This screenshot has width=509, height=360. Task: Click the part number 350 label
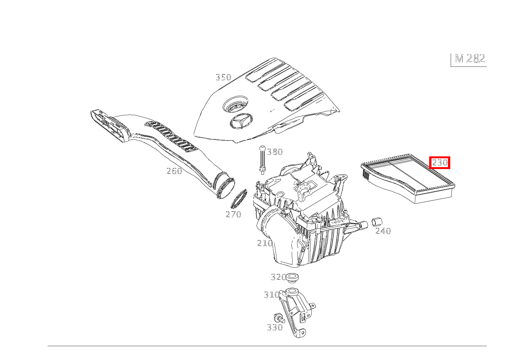[223, 77]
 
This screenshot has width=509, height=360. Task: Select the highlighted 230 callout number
[440, 163]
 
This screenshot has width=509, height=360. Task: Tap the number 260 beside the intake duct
[174, 171]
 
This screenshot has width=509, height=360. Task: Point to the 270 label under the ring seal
[233, 214]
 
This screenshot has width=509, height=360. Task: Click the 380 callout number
[275, 152]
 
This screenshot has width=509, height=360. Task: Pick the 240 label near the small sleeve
[383, 231]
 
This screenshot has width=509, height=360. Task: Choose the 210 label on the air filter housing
[265, 243]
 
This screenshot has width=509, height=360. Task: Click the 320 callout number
[278, 277]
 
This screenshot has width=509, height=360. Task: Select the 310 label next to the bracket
[271, 295]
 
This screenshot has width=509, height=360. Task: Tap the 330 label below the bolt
[275, 327]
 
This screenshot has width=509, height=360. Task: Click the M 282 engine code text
[470, 59]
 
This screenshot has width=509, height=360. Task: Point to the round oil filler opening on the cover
[235, 104]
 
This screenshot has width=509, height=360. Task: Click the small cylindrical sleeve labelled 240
[377, 222]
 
